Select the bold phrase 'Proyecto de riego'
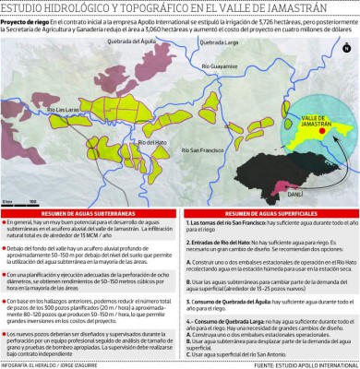coord(22,21)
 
